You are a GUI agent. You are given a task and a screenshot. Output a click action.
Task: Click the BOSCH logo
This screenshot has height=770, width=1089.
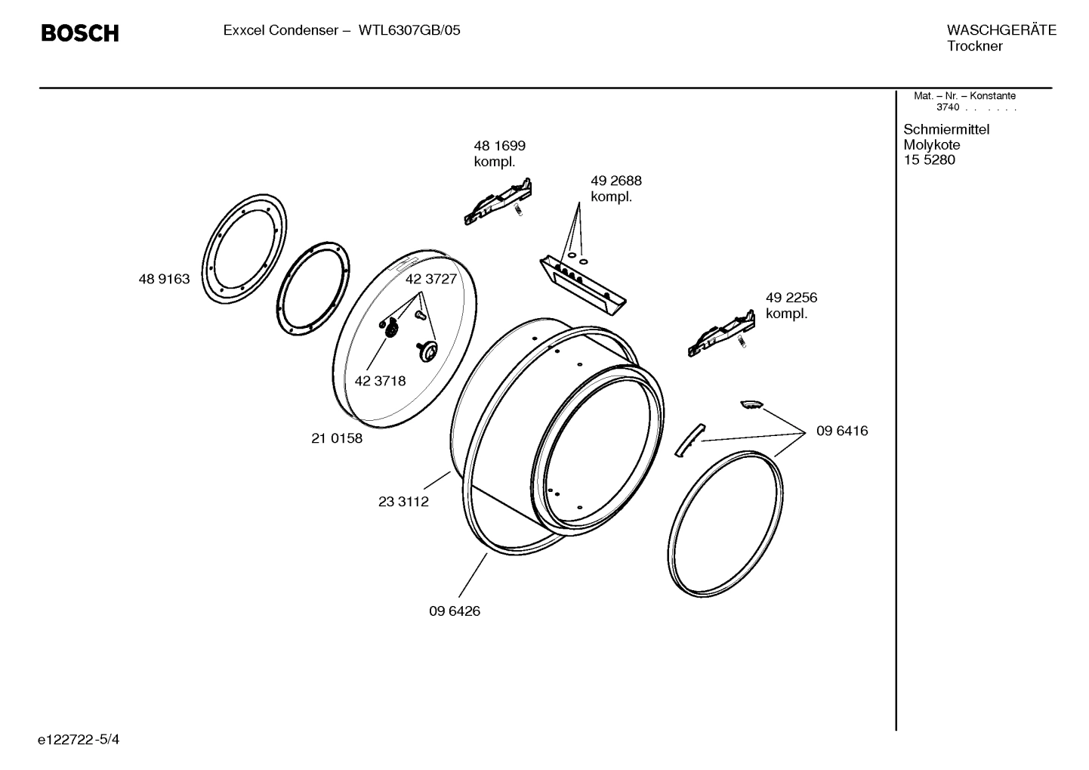pyautogui.click(x=79, y=33)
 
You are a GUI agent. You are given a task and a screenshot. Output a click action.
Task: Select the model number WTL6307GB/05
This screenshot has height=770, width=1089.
pyautogui.click(x=409, y=31)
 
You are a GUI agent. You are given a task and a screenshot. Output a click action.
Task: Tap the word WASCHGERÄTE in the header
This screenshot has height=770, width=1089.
pyautogui.click(x=1001, y=30)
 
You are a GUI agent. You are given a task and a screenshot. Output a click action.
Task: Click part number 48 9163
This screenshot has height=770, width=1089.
pyautogui.click(x=164, y=280)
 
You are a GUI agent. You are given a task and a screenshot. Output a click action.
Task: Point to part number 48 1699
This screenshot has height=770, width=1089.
pyautogui.click(x=499, y=146)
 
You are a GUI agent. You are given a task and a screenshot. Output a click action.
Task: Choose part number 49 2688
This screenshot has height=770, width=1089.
pyautogui.click(x=615, y=181)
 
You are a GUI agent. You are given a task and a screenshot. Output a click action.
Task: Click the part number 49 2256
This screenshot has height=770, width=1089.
pyautogui.click(x=791, y=298)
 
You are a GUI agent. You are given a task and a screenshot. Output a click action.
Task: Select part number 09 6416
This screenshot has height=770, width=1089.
pyautogui.click(x=842, y=431)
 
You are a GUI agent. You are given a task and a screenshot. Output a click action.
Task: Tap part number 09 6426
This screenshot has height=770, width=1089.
pyautogui.click(x=455, y=611)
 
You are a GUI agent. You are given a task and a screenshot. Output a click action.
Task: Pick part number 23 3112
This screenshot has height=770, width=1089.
pyautogui.click(x=403, y=502)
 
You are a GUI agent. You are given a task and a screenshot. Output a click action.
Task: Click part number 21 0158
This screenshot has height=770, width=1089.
pyautogui.click(x=337, y=438)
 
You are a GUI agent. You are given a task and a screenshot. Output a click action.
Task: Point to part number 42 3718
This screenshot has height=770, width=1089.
pyautogui.click(x=380, y=381)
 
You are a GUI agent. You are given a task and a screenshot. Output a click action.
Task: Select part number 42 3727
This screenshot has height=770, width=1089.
pyautogui.click(x=430, y=279)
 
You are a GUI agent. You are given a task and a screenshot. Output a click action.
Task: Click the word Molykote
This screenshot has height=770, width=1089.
pyautogui.click(x=931, y=145)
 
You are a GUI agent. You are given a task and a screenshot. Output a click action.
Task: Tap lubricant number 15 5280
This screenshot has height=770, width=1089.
pyautogui.click(x=929, y=160)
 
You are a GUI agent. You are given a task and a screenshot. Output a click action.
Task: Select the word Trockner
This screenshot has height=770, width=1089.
pyautogui.click(x=974, y=46)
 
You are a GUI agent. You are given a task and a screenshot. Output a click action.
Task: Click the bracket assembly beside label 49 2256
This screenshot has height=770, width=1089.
pyautogui.click(x=721, y=332)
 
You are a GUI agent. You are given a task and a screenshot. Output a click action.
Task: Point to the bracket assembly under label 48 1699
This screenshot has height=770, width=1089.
pyautogui.click(x=498, y=203)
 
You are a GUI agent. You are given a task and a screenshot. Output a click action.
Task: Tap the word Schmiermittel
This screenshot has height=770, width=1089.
pyautogui.click(x=946, y=129)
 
